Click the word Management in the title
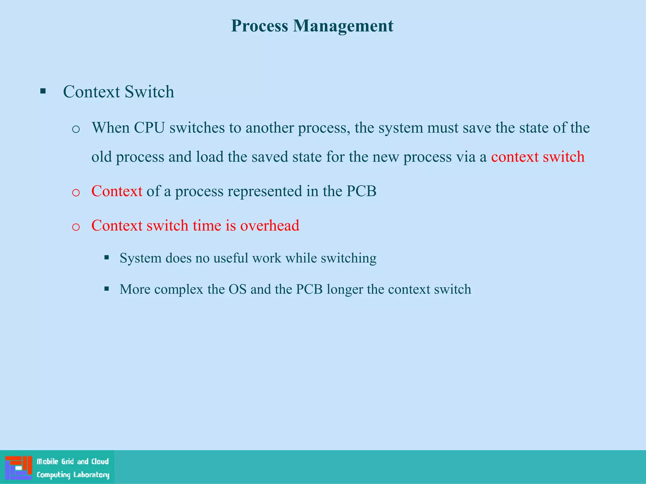tap(343, 26)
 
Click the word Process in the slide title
tap(259, 26)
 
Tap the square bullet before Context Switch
tap(43, 92)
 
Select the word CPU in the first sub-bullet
tap(149, 128)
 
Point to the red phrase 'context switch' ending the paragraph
tap(537, 157)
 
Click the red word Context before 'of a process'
tap(117, 191)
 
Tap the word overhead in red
tap(270, 226)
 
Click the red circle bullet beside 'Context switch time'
tap(76, 227)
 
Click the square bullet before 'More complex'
tap(107, 288)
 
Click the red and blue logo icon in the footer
tap(19, 468)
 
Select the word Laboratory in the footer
tap(91, 475)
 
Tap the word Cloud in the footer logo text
tap(100, 461)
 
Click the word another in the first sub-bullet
tap(270, 128)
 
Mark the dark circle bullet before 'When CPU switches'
tap(76, 129)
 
